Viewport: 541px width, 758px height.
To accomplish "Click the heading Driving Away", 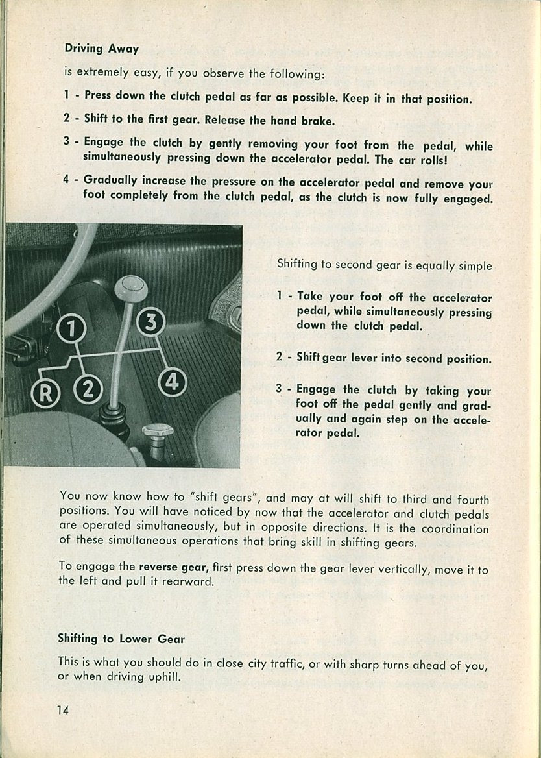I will [x=101, y=49].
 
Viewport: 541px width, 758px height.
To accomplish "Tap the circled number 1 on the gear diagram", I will [x=71, y=330].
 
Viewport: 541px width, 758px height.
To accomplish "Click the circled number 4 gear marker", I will [x=172, y=382].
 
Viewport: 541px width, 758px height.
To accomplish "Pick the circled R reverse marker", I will [x=45, y=393].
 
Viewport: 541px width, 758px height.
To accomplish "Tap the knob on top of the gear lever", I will [x=130, y=287].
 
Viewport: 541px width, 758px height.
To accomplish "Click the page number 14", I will [x=62, y=709].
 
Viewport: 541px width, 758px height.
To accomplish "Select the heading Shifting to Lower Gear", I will [x=121, y=639].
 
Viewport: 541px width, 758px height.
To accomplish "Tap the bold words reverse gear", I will [x=172, y=566].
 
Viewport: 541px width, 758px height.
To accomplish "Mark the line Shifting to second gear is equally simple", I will [x=384, y=265].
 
